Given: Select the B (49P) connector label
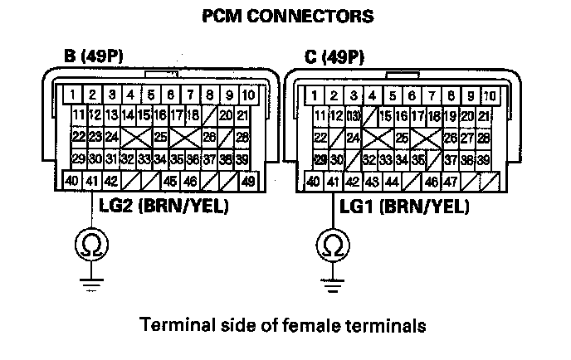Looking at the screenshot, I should (97, 58).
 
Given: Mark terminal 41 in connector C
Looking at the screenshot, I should (334, 180).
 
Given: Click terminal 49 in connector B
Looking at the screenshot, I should (247, 180).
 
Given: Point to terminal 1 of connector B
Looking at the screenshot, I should (74, 94).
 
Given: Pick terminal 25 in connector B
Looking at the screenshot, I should (160, 136).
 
